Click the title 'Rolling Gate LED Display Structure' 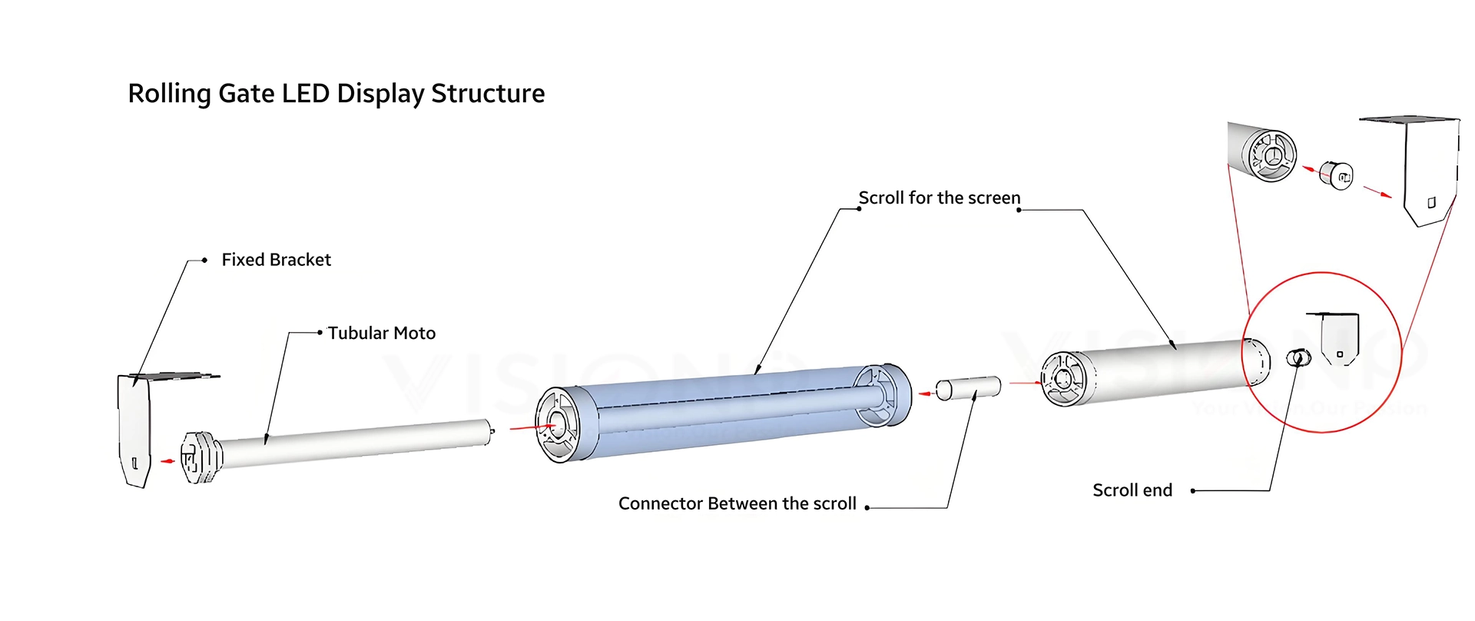336,94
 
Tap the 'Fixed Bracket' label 276,260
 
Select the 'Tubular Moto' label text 381,333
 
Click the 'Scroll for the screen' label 939,198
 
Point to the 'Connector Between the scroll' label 737,503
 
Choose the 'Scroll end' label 1132,490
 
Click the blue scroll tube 722,411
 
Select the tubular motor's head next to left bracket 201,457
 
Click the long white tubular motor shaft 353,443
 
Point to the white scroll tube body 1160,370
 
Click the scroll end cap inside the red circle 1298,358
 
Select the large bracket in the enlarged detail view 1427,173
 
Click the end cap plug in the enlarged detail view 1337,174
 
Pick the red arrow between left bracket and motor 167,461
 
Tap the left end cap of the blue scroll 559,425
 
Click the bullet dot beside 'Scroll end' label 1192,490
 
